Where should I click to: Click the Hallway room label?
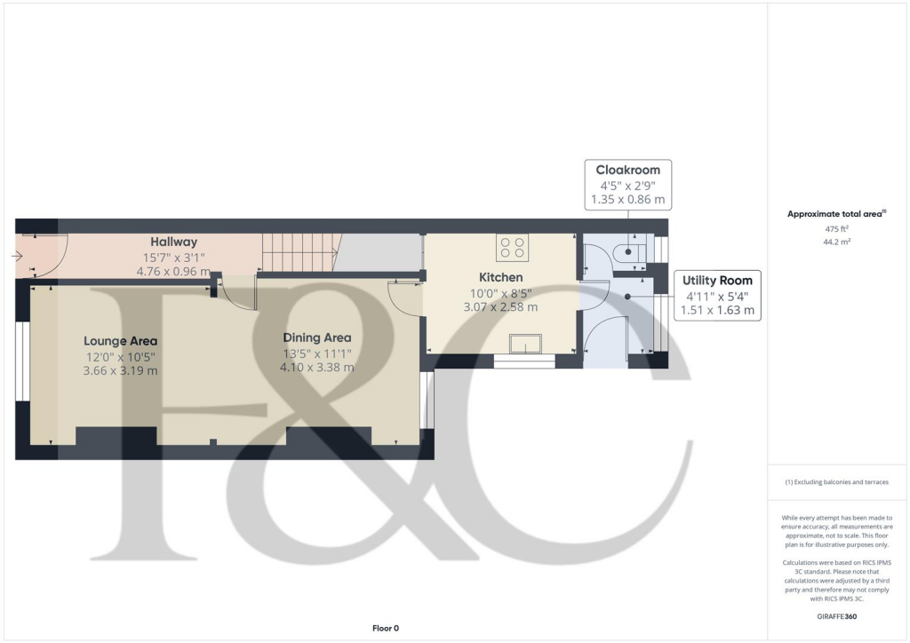point(173,242)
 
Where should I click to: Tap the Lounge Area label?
point(121,341)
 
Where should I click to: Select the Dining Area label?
point(317,337)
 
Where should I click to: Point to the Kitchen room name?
point(501,277)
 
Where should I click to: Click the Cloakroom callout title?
point(627,170)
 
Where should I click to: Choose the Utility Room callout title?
point(717,280)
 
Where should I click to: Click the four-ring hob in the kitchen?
point(512,247)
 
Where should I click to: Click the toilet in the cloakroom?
point(628,252)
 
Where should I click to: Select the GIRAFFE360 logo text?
point(837,616)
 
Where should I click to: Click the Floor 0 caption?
point(385,628)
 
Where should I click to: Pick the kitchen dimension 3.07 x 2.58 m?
point(501,307)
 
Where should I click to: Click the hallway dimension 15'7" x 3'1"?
point(173,258)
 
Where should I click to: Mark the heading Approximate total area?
point(836,214)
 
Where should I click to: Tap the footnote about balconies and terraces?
point(837,482)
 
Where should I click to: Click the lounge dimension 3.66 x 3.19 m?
point(121,370)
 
